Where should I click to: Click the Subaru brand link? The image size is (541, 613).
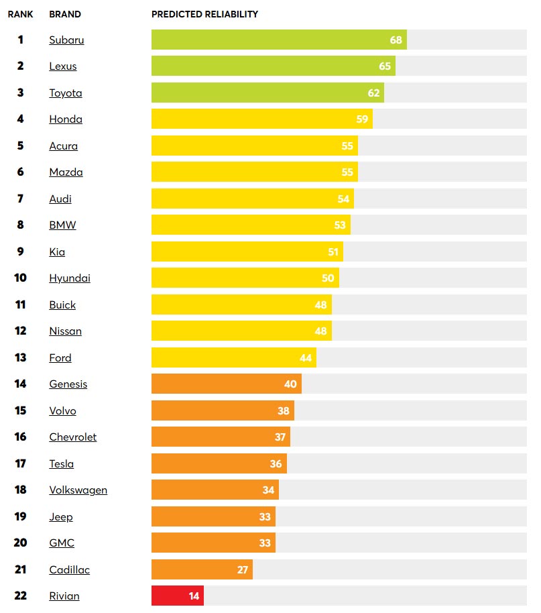(66, 40)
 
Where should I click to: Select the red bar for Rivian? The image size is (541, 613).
(177, 596)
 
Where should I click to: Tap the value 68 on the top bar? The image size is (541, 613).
(396, 40)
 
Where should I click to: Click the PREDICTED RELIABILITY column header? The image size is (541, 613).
(204, 14)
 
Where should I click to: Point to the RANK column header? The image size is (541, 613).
(20, 14)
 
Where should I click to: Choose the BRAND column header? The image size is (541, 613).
(65, 14)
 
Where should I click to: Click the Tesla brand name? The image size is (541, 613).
(62, 463)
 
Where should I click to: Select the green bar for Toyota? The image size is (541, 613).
(267, 93)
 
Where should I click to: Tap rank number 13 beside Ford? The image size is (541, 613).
(20, 357)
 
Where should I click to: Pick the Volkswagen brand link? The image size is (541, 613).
(78, 490)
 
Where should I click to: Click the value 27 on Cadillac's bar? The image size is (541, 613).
(242, 569)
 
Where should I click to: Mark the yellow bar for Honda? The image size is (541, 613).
(261, 119)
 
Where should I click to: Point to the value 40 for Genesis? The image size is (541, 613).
(290, 384)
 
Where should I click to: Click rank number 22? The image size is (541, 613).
(20, 596)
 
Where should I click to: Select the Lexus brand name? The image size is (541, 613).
(63, 66)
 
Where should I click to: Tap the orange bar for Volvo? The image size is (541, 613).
(222, 410)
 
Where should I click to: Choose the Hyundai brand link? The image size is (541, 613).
(70, 278)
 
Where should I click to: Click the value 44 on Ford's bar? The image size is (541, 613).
(306, 357)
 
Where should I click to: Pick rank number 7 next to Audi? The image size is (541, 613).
(20, 199)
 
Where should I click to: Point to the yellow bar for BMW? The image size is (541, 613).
(250, 225)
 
